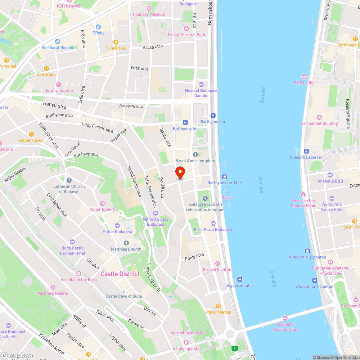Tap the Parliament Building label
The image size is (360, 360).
coord(319,123)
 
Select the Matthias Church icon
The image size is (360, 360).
coord(126,243)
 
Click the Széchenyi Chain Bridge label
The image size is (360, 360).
coord(285,327)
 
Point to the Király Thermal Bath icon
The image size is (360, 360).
coord(186,28)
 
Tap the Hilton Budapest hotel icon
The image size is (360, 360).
coord(117,225)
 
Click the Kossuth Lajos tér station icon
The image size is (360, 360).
coord(306,151)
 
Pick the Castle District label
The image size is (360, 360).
coord(120,274)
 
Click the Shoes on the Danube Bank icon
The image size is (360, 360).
coord(303,195)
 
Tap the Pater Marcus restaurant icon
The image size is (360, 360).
coord(219,306)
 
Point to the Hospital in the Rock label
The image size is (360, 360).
coord(79,280)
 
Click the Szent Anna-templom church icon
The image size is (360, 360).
coord(195,154)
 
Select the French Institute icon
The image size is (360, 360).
coord(217,264)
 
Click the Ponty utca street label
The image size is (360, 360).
coord(194,257)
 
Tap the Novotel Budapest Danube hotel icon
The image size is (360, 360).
coord(201,84)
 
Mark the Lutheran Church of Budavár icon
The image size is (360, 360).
coord(69,180)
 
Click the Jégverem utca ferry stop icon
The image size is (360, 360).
coord(239,279)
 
